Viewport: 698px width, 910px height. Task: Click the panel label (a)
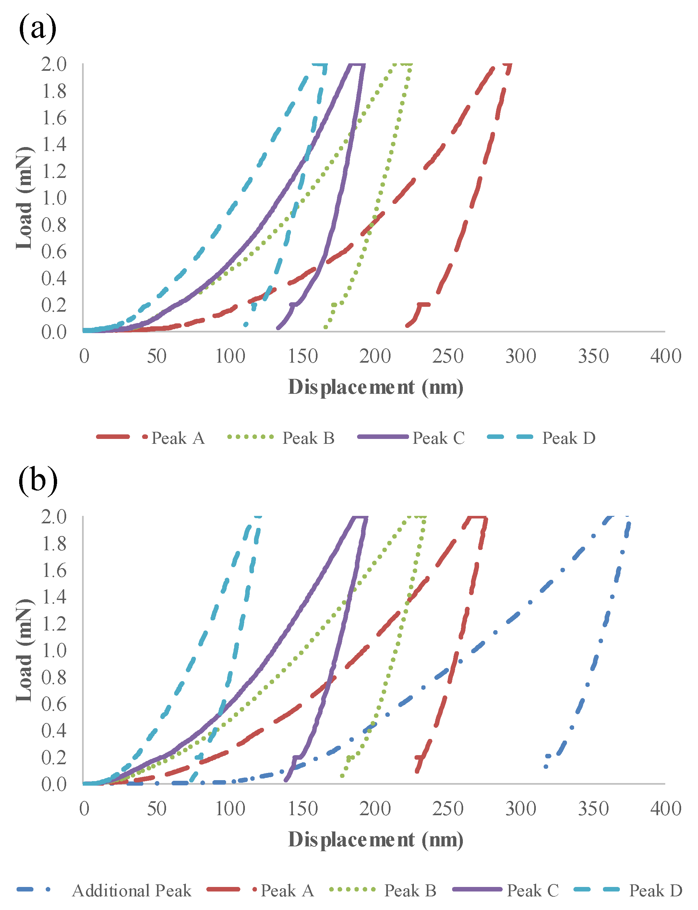click(x=37, y=28)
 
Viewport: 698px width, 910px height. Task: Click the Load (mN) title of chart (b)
click(x=24, y=650)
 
